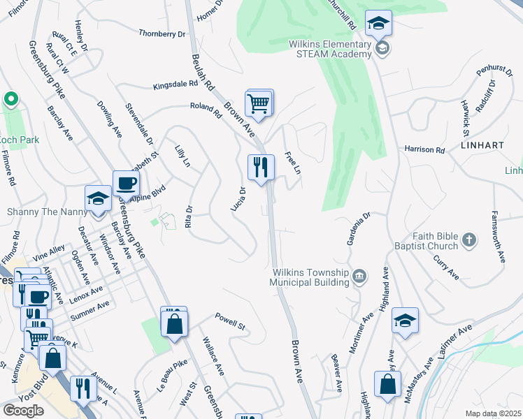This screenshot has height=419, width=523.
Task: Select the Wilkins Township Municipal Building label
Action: (x=310, y=277)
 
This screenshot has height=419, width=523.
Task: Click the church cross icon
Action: (x=468, y=241)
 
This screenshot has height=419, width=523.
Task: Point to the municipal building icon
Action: (x=359, y=277)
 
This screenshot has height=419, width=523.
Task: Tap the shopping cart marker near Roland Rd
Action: (x=259, y=104)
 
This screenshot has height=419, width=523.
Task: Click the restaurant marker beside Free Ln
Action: (x=261, y=168)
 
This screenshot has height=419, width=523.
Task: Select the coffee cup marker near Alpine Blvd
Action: (x=126, y=184)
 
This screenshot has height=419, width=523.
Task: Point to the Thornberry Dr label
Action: (x=162, y=33)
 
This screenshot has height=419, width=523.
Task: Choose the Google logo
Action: (x=24, y=411)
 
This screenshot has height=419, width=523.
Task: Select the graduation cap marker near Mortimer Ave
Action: (x=405, y=321)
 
